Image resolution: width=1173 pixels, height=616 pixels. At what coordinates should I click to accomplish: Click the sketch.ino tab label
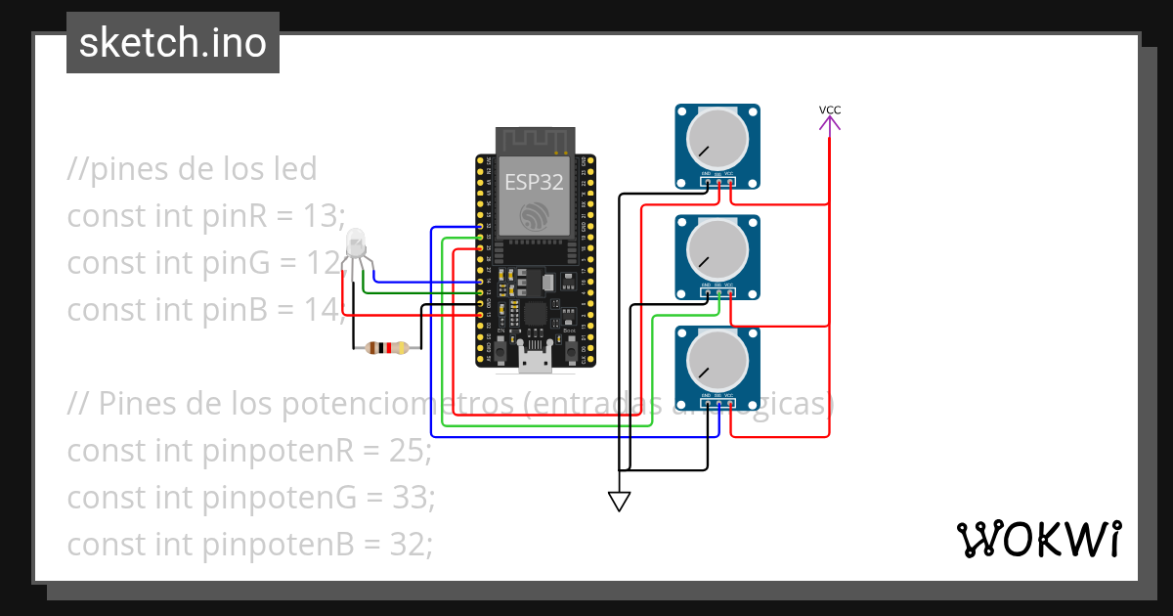pos(172,43)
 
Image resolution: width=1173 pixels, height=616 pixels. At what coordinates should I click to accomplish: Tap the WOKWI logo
pos(1037,539)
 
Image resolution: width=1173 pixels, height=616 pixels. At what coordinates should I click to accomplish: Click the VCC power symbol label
pos(829,110)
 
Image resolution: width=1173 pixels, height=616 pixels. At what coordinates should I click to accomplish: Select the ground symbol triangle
pos(619,501)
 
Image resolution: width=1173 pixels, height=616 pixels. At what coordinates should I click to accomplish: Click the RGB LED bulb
pos(356,242)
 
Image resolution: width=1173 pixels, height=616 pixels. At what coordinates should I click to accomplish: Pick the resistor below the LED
pos(386,347)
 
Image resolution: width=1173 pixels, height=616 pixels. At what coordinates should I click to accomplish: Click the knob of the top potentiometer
pos(717,138)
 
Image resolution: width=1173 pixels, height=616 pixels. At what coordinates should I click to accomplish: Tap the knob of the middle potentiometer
pos(717,248)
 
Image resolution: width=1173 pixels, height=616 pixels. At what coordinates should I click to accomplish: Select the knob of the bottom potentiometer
pos(717,360)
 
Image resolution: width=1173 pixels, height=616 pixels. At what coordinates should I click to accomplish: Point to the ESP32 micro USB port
pos(535,363)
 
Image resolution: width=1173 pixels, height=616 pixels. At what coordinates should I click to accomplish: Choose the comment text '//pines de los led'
pos(192,168)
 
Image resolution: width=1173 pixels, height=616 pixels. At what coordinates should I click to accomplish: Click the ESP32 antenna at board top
pos(535,140)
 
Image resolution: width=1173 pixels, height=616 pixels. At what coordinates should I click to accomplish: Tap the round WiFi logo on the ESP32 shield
pos(535,217)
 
